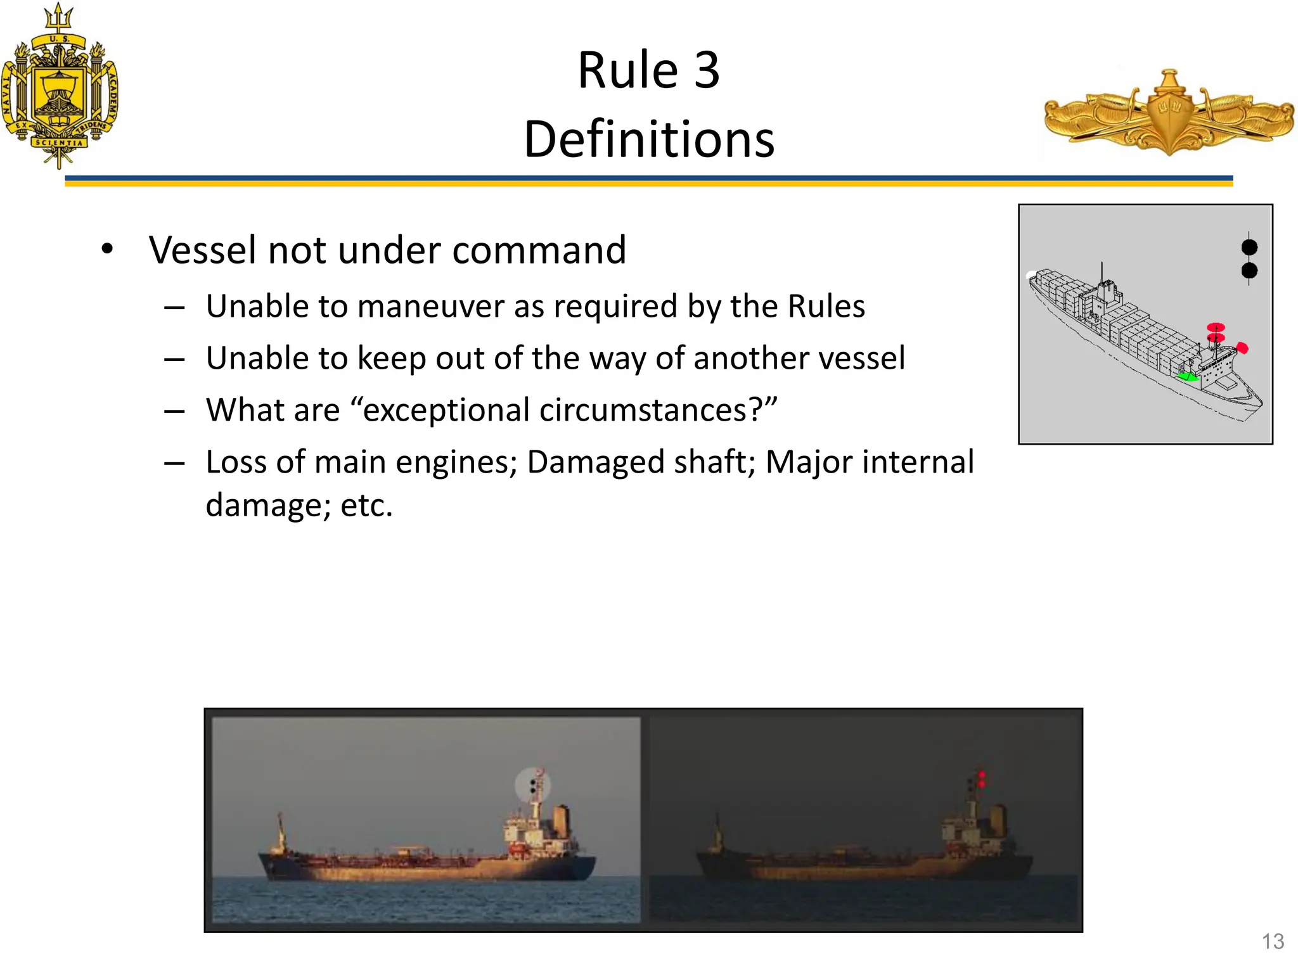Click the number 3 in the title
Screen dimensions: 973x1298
click(707, 70)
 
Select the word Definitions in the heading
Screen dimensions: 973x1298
click(649, 140)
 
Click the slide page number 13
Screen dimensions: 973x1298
click(1273, 941)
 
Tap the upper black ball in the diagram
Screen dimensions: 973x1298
click(1249, 247)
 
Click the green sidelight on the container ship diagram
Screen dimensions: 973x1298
click(1187, 377)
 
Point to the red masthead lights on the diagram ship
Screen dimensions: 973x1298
click(1216, 332)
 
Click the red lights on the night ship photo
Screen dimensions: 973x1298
click(982, 779)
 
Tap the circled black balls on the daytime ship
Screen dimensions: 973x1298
click(533, 786)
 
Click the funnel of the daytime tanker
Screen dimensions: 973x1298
click(561, 820)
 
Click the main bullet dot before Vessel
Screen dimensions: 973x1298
click(107, 249)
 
